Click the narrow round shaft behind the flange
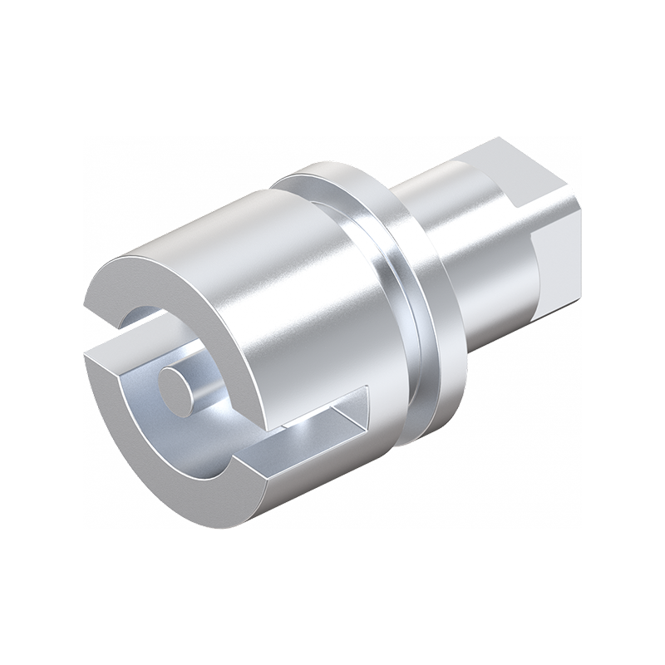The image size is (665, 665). click(474, 249)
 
